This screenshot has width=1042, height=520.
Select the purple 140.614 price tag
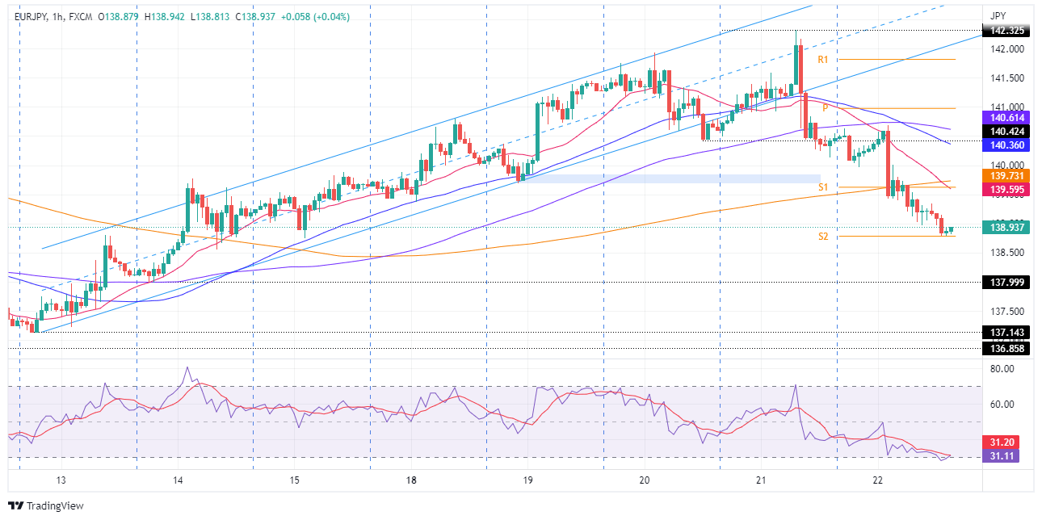point(1003,118)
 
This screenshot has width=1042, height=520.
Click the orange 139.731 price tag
point(1003,175)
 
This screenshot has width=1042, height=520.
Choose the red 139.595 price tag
point(1003,189)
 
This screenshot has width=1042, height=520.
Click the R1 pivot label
point(823,60)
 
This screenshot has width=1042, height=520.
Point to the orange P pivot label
point(826,107)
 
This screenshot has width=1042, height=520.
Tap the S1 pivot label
point(823,187)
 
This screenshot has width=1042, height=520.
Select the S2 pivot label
point(823,237)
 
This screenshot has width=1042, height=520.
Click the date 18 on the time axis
point(412,480)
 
